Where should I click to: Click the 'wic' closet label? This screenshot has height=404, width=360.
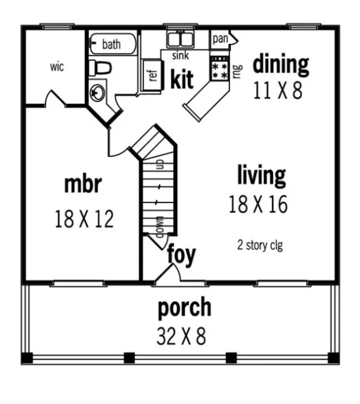coord(57,66)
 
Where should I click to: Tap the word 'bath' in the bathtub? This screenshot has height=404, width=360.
coord(111,44)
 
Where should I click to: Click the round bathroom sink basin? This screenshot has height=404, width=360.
coord(97,92)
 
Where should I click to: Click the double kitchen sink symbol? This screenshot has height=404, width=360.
coord(180,40)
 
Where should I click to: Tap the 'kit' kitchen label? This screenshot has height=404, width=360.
coord(182,79)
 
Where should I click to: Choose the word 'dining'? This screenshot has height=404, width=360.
coord(280,63)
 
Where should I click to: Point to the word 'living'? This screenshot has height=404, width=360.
coord(261,176)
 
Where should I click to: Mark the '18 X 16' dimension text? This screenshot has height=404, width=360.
coord(258,204)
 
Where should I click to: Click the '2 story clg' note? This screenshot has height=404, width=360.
coord(260,246)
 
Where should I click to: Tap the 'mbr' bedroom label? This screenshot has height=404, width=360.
coord(83,184)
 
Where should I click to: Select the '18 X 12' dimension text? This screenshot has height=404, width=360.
coord(84,218)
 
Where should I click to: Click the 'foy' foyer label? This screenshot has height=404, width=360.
coord(181,255)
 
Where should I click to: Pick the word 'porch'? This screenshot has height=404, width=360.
coord(185,308)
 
